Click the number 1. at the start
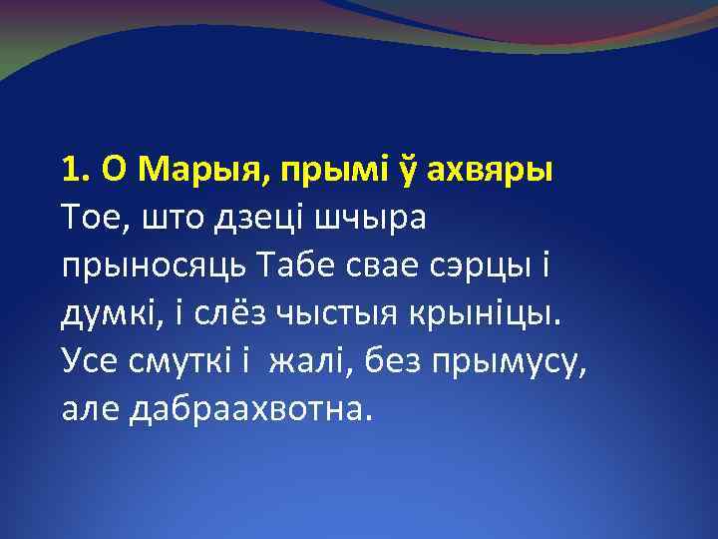click(76, 171)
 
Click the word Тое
click(90, 216)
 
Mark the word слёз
click(206, 313)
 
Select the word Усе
click(87, 362)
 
